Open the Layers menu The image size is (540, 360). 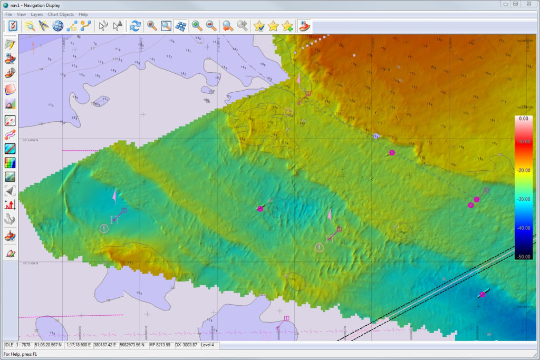pyautogui.click(x=37, y=14)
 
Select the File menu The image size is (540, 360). pyautogui.click(x=8, y=14)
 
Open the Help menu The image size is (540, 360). pyautogui.click(x=83, y=14)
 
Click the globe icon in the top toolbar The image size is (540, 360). pyautogui.click(x=57, y=25)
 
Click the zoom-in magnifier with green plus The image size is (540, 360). pyautogui.click(x=197, y=25)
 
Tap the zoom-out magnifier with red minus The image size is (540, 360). pyautogui.click(x=210, y=25)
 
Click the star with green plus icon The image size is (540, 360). pyautogui.click(x=287, y=25)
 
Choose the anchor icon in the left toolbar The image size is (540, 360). pyautogui.click(x=10, y=219)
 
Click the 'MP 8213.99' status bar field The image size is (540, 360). pyautogui.click(x=159, y=345)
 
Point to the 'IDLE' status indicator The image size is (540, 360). pyautogui.click(x=9, y=345)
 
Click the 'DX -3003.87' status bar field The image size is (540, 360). pyautogui.click(x=186, y=345)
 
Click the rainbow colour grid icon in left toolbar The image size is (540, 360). pyautogui.click(x=10, y=163)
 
